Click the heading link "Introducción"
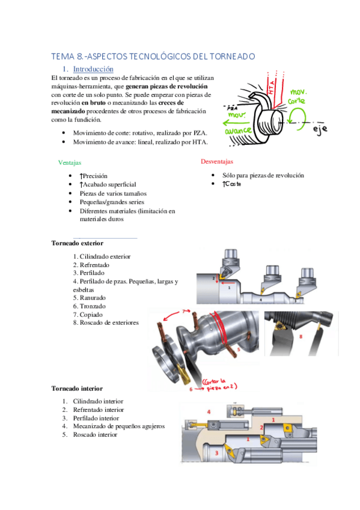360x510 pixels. [x=93, y=69]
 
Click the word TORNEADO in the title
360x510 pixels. [x=233, y=57]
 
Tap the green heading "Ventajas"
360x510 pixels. [x=70, y=162]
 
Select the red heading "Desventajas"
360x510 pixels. [x=217, y=161]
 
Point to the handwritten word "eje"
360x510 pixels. [x=320, y=129]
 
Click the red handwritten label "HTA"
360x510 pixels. [x=271, y=87]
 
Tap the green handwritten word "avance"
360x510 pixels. [x=238, y=131]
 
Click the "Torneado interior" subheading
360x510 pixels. [x=77, y=389]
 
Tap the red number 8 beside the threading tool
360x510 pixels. [x=301, y=336]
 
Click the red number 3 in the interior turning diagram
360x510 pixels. [x=216, y=453]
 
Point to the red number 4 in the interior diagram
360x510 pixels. [x=209, y=412]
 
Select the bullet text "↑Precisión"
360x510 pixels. [x=94, y=176]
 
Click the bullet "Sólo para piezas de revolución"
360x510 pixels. [x=263, y=176]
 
